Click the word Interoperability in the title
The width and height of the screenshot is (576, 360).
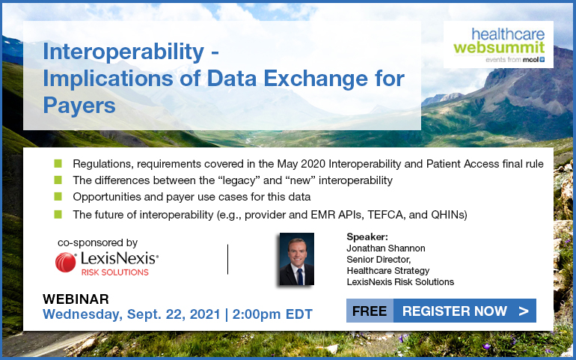[123, 52]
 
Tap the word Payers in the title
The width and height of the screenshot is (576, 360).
[79, 106]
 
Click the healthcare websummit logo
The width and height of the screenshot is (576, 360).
[498, 44]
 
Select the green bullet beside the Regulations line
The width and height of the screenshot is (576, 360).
[58, 163]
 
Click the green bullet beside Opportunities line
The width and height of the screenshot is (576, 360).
[58, 196]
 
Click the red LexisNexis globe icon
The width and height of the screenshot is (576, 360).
[65, 262]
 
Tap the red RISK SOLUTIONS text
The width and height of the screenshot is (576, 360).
[115, 272]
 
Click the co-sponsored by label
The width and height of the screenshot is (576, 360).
[98, 242]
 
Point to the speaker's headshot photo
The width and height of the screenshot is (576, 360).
[297, 259]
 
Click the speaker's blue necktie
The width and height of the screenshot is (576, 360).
[300, 276]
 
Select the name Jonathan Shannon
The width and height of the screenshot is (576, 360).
[386, 248]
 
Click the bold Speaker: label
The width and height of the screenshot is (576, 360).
[367, 237]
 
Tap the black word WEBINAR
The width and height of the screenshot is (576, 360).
[76, 299]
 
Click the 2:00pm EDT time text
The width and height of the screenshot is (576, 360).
[272, 314]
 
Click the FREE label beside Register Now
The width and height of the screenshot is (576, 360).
[370, 311]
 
